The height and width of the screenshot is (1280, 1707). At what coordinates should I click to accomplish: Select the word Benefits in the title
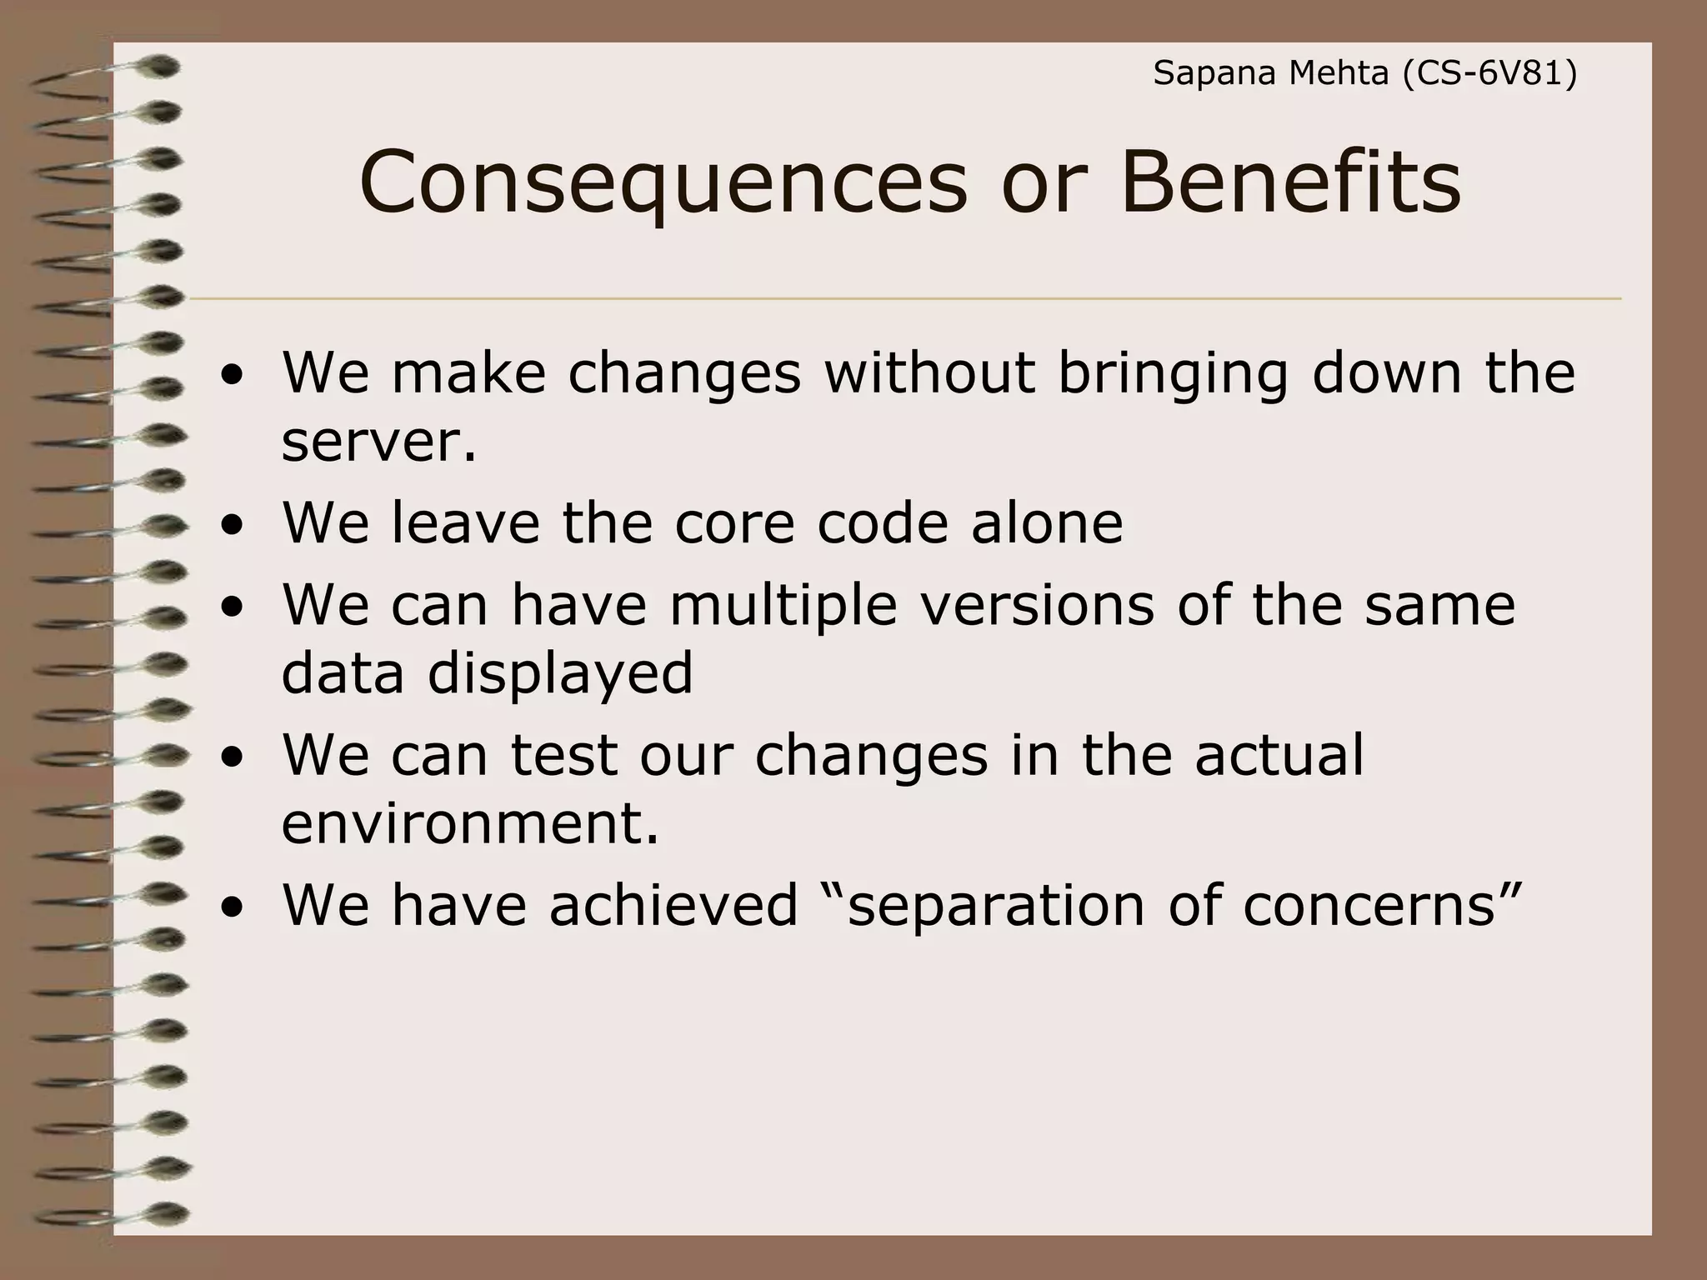1290,182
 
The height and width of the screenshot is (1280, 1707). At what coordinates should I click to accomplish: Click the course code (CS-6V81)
1489,74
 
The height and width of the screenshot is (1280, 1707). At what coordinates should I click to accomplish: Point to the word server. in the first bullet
379,442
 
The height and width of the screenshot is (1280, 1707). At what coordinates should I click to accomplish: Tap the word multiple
783,606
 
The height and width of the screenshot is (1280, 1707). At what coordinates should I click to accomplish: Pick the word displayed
560,673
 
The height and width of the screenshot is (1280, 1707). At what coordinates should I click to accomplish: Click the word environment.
470,824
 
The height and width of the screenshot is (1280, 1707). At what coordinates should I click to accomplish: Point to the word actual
1279,755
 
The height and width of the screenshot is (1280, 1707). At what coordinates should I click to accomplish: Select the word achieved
673,906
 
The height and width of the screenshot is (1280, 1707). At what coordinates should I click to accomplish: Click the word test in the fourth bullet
563,755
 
